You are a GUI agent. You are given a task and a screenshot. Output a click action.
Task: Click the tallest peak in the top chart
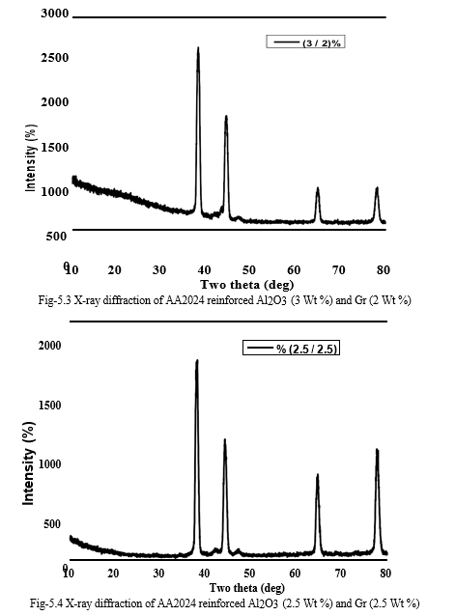click(198, 48)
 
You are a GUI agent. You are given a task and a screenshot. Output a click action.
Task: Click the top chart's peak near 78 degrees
click(377, 188)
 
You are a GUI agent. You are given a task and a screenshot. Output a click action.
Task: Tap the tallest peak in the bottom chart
click(197, 361)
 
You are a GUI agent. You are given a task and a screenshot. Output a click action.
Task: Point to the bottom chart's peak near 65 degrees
click(317, 475)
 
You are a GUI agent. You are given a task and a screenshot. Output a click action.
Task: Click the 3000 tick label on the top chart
click(55, 14)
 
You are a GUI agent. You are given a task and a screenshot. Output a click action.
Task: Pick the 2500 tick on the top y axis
click(55, 58)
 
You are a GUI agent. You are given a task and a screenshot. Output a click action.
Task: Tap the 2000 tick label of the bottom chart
click(50, 346)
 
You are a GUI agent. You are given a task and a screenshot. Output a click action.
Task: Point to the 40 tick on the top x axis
click(204, 270)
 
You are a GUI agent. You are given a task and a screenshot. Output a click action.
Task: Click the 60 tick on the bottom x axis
click(295, 574)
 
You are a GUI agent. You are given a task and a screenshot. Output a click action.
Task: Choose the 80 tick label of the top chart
click(384, 270)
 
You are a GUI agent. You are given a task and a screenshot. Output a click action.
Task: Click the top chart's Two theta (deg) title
click(247, 285)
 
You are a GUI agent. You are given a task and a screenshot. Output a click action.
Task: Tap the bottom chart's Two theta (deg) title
click(247, 588)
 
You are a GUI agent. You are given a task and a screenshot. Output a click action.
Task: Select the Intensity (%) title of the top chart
click(31, 158)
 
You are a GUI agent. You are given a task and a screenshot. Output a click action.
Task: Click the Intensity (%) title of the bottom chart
click(29, 463)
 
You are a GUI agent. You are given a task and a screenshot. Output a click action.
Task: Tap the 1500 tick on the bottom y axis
click(50, 406)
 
